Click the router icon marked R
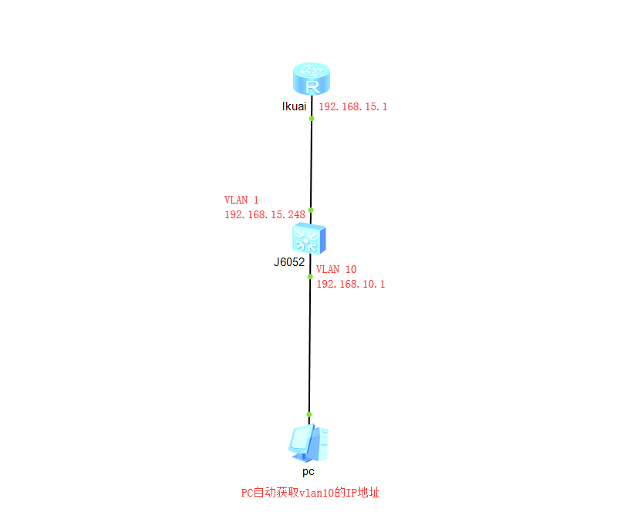[312, 79]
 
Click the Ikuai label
[294, 106]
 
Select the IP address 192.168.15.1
[353, 106]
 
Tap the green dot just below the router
[312, 119]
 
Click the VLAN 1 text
[241, 200]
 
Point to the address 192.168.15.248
[265, 214]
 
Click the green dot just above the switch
[311, 211]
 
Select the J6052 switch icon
[309, 238]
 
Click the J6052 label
[289, 262]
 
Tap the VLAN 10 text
[336, 269]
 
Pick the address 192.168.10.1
[351, 284]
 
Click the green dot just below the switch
[310, 277]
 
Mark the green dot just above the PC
[309, 415]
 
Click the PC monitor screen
[300, 439]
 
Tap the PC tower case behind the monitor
[322, 443]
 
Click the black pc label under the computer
[309, 471]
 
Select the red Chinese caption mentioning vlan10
[311, 492]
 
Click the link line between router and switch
[312, 164]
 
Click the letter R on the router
[312, 87]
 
